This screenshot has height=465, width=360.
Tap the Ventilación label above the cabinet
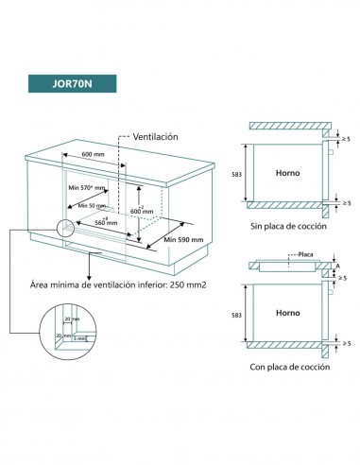155,137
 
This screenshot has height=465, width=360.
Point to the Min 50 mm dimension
92,204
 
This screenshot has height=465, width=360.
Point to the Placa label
304,256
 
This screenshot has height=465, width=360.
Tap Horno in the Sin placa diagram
286,173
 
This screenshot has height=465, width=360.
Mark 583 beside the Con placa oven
235,311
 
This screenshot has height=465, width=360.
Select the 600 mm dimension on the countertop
92,155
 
